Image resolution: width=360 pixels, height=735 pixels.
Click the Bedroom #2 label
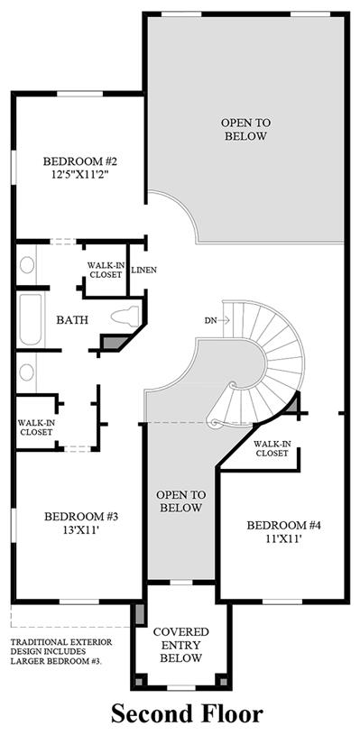click(79, 161)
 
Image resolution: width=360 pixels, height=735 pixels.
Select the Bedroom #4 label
click(283, 526)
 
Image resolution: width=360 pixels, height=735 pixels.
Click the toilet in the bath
click(125, 316)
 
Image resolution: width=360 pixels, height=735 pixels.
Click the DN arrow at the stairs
click(224, 321)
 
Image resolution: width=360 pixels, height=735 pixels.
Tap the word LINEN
click(143, 270)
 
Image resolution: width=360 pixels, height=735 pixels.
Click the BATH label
click(72, 320)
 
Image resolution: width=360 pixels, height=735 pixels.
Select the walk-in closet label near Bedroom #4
click(272, 448)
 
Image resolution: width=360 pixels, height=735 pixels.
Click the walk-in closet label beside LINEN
click(105, 270)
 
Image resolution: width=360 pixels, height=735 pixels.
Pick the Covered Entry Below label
click(181, 645)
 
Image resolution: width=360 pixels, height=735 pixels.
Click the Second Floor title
click(187, 714)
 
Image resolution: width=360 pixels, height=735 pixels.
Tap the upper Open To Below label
click(245, 129)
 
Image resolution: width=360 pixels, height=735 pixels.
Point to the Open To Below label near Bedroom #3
click(181, 501)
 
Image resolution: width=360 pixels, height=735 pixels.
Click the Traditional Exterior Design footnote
click(61, 651)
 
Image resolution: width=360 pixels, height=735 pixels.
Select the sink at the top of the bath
click(27, 265)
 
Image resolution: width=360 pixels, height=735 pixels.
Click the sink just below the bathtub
click(27, 372)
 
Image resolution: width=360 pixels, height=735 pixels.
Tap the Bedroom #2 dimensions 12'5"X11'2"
click(79, 174)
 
